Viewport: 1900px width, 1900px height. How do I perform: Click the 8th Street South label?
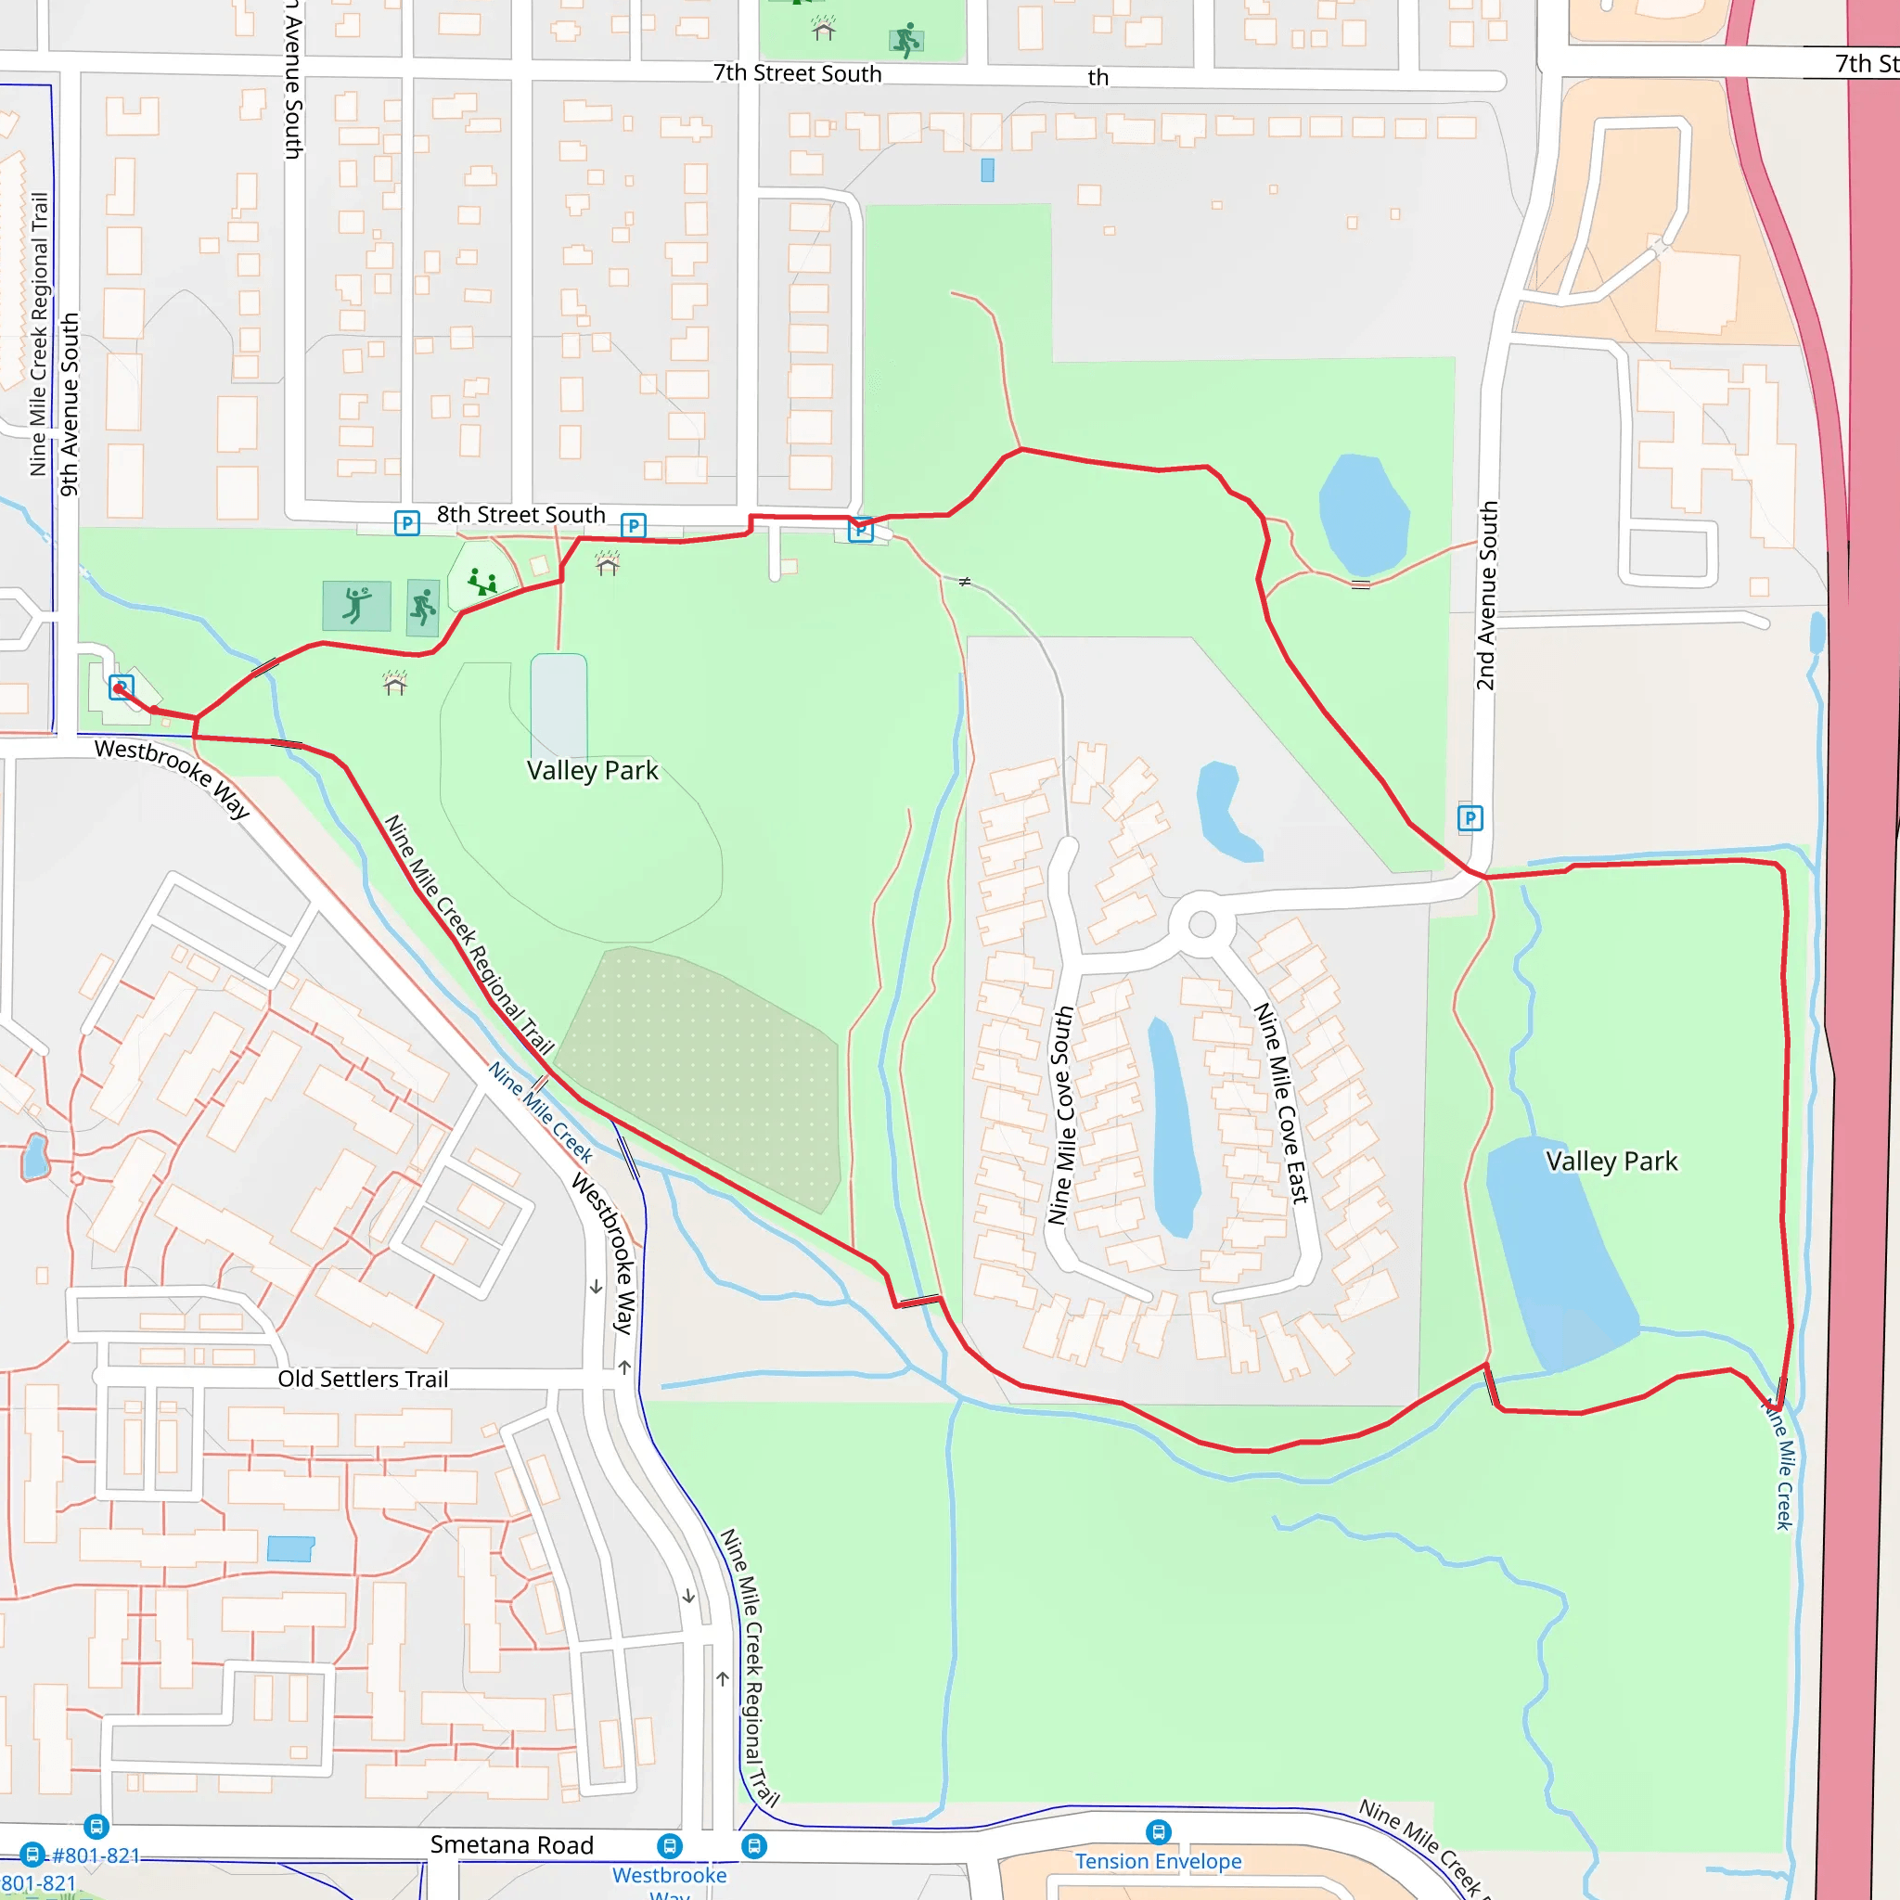coord(520,514)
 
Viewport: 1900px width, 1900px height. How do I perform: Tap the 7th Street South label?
coord(797,74)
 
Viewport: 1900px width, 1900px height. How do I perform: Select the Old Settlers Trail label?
coord(362,1379)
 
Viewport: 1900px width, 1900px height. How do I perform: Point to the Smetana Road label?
coord(511,1845)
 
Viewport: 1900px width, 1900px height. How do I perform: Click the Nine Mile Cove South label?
coord(1060,1115)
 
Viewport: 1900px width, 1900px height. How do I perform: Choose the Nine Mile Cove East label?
coord(1281,1102)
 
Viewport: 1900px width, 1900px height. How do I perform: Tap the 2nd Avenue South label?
coord(1486,596)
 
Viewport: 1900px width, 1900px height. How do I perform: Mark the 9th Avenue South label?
coord(69,404)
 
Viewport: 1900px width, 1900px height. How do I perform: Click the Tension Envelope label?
coord(1158,1862)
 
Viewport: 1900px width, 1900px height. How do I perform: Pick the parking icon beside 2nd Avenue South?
coord(1470,818)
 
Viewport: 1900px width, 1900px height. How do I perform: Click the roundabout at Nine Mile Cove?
coord(1201,924)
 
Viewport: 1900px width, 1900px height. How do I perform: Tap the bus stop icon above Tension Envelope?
coord(1159,1831)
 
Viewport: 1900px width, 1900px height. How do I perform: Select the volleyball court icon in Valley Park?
coord(356,605)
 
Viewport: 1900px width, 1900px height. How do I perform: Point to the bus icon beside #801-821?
coord(32,1855)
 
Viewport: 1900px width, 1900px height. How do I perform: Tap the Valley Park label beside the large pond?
coord(1611,1162)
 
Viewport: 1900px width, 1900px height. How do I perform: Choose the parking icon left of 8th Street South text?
coord(406,522)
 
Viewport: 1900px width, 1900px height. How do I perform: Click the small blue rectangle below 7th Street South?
coord(987,170)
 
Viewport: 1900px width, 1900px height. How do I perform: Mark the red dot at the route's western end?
coord(119,689)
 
